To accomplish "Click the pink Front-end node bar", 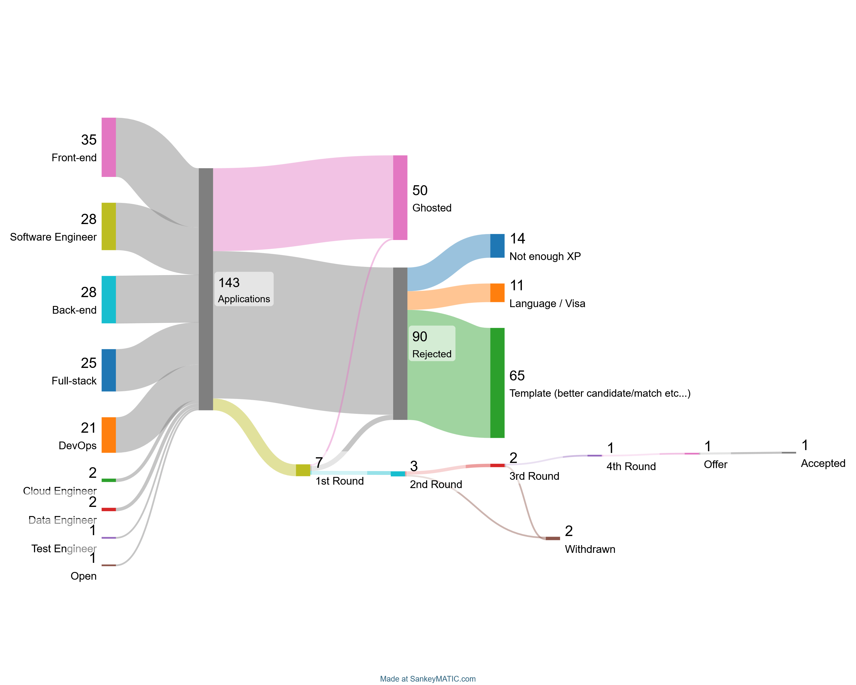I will (108, 147).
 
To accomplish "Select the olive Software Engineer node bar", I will (108, 226).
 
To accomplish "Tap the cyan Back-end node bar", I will (108, 299).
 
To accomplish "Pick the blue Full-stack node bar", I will (108, 370).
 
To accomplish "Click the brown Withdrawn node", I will (553, 539).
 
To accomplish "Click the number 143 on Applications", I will (229, 283).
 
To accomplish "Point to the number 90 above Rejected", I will (420, 337).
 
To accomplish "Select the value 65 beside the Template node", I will (517, 376).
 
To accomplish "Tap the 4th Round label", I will (631, 467).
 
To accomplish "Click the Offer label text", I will (715, 465).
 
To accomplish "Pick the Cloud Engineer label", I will (60, 491).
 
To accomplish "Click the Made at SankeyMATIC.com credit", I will (428, 679).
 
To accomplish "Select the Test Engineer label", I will (64, 549).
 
